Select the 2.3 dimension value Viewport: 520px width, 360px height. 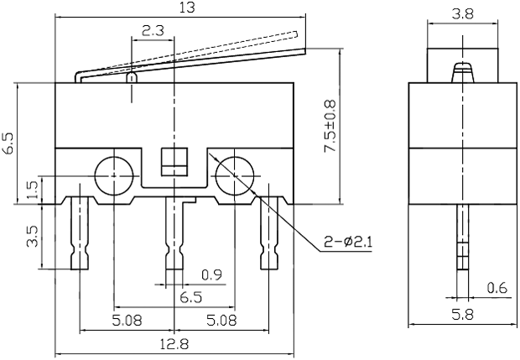coord(152,31)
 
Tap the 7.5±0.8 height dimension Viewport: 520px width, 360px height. coord(330,126)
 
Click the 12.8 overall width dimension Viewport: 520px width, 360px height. coord(174,343)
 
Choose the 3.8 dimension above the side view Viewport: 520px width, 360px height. coord(461,13)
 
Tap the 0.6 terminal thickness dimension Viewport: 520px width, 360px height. coord(496,290)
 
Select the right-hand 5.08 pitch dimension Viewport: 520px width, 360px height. coord(221,320)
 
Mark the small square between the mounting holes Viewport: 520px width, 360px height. coord(173,162)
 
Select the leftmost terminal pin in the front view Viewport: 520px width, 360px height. coord(80,235)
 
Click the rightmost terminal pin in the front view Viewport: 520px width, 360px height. coord(268,235)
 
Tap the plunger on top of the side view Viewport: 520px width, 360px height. coord(460,72)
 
